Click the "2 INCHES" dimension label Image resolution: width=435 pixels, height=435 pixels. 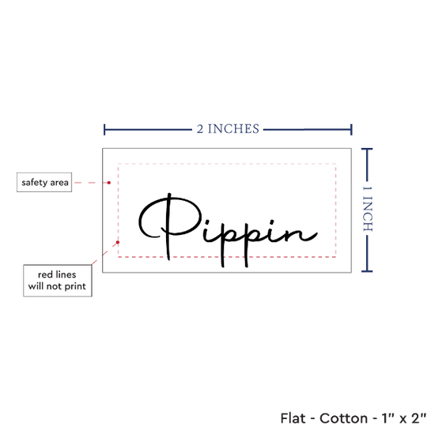pos(228,129)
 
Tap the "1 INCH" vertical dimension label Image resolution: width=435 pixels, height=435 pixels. pos(367,209)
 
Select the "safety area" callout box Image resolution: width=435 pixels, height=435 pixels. pos(44,182)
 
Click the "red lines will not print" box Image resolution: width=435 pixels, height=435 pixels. pos(58,281)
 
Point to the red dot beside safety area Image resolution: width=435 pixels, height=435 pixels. pos(109,183)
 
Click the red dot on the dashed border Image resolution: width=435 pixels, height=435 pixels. pos(118,242)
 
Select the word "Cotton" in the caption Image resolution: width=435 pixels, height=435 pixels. pos(344,418)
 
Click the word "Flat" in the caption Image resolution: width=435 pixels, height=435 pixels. pos(293,418)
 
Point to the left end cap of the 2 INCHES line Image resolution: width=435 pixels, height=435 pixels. pos(104,130)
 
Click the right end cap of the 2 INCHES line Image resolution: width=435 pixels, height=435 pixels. pos(351,130)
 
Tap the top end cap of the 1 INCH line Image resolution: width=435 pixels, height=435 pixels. pos(367,149)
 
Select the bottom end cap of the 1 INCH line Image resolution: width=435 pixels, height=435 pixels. pos(367,271)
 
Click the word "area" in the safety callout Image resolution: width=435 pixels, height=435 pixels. pos(59,183)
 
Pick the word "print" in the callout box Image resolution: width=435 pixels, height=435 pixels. pos(75,286)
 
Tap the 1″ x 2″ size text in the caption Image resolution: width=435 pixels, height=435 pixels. pos(404,418)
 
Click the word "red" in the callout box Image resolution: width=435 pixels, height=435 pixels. pos(45,274)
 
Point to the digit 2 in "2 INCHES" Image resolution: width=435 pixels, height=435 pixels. pos(200,129)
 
